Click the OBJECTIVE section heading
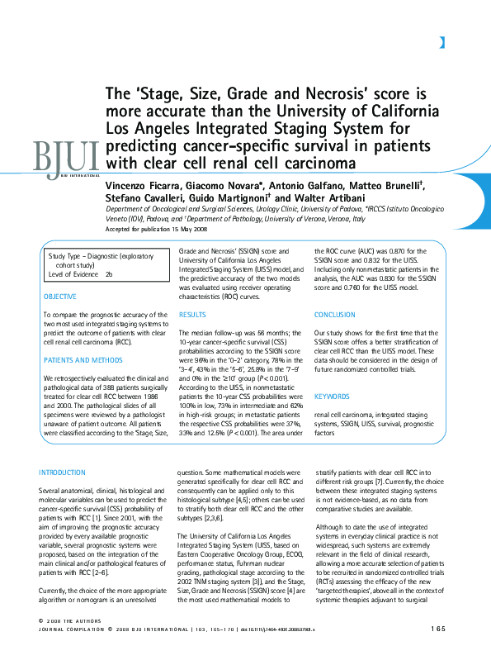tap(59, 297)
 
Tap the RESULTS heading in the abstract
tap(192, 315)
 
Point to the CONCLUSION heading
tap(336, 315)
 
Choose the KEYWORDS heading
tap(332, 396)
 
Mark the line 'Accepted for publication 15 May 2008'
tap(157, 230)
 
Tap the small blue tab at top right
tap(443, 42)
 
